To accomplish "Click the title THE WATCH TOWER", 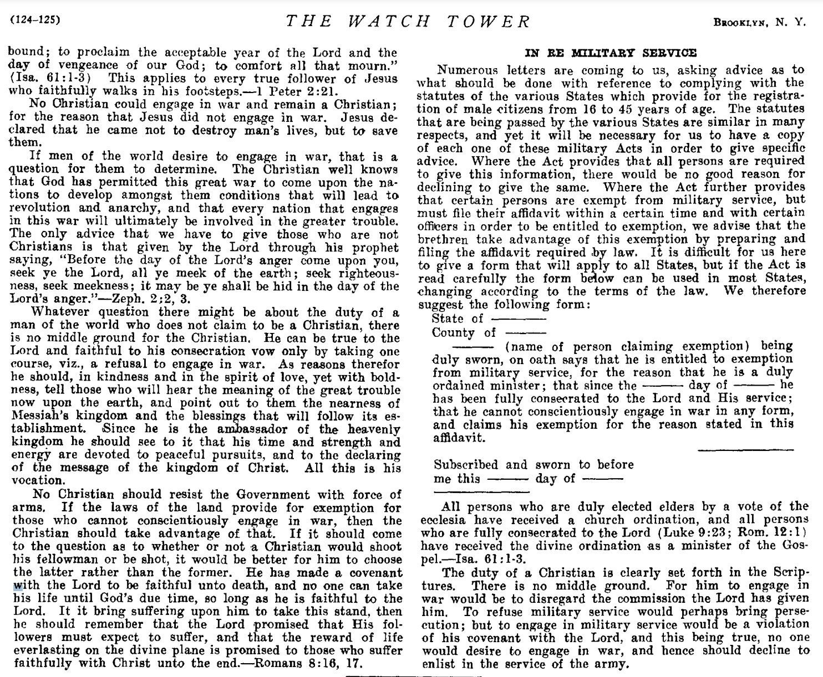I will coord(408,22).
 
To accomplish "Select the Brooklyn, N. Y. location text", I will coord(759,22).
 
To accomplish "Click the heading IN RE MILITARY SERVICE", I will coord(610,53).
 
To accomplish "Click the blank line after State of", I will coord(519,319).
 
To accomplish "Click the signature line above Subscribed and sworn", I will coord(745,449).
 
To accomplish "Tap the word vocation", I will coord(34,480).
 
